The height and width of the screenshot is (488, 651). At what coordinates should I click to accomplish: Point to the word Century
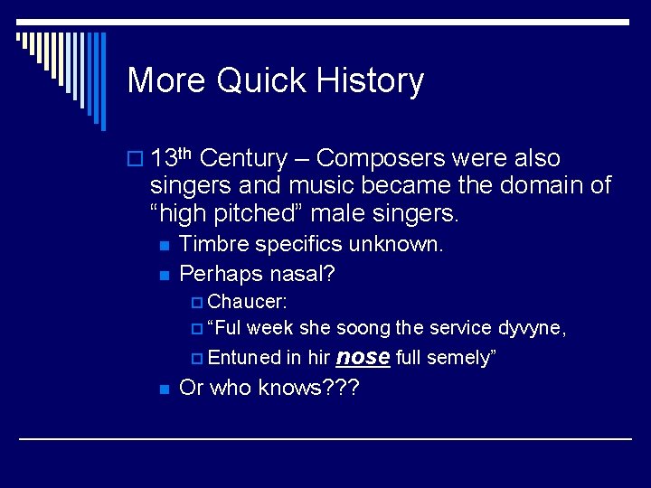(x=242, y=159)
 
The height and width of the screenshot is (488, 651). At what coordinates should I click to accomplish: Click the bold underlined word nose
(x=363, y=356)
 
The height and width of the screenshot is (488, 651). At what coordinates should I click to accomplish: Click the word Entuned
(x=244, y=357)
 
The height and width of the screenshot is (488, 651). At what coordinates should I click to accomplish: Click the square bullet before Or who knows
(x=163, y=389)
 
